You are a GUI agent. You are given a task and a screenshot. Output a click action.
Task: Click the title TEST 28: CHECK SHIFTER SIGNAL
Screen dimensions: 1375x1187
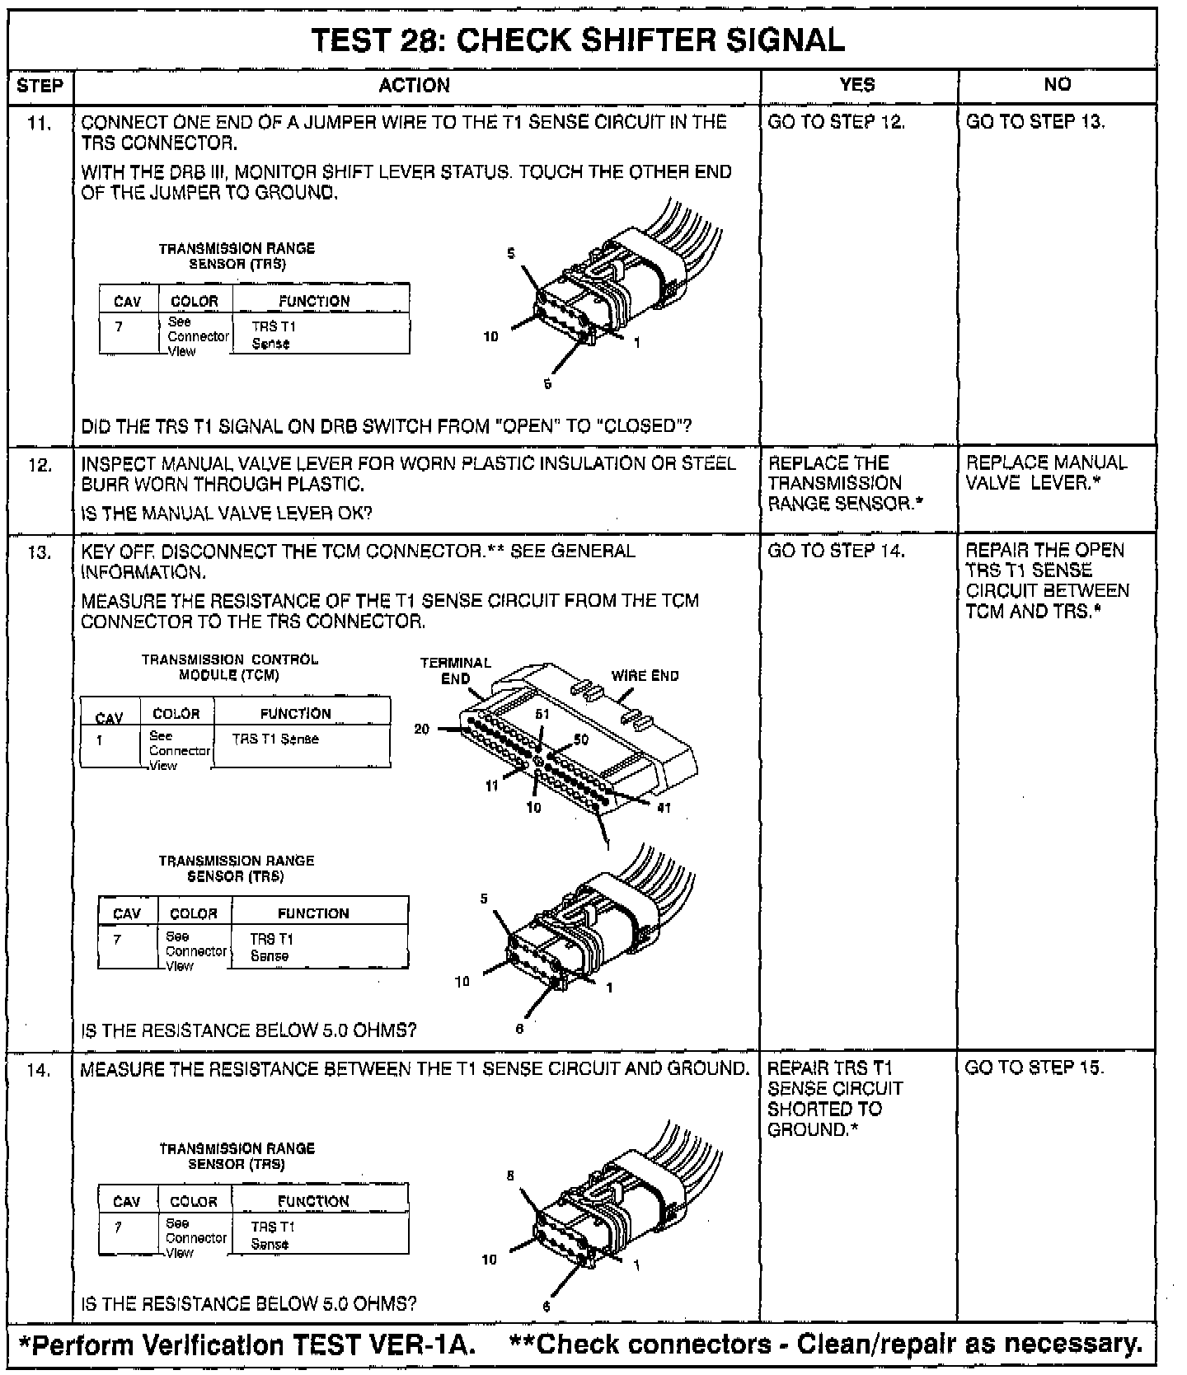(x=579, y=40)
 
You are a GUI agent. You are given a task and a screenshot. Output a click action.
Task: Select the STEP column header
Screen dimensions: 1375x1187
(x=40, y=86)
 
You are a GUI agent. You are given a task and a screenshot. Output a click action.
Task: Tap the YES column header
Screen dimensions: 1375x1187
(x=857, y=84)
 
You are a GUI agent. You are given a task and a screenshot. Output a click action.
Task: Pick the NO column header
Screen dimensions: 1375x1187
(x=1058, y=84)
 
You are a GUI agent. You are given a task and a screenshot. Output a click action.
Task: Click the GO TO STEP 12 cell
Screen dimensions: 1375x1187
(x=836, y=123)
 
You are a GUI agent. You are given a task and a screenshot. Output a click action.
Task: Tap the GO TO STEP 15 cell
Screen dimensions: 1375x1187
(x=1034, y=1068)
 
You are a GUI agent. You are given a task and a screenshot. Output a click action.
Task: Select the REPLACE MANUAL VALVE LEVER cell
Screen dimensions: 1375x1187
(x=1046, y=472)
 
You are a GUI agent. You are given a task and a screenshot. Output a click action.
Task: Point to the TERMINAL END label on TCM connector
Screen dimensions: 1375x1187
(x=455, y=670)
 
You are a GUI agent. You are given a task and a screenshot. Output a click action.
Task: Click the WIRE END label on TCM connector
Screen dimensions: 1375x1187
(x=645, y=676)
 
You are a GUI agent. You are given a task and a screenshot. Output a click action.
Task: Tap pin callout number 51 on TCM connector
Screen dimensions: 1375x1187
(x=542, y=715)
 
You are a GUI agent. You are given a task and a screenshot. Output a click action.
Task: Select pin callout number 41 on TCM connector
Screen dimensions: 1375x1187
(x=664, y=808)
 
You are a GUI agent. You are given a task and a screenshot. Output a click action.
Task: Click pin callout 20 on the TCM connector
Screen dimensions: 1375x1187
(x=421, y=729)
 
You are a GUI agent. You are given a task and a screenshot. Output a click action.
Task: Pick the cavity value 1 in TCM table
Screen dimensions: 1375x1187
(x=100, y=740)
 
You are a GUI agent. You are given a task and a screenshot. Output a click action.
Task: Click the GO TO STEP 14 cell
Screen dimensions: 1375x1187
(x=836, y=551)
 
